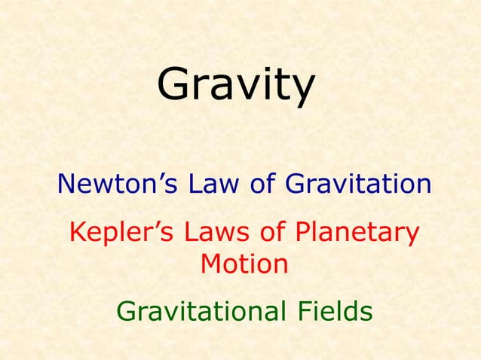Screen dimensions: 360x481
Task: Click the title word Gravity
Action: [235, 84]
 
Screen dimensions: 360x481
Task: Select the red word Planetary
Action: [351, 233]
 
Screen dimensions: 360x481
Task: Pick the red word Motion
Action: [244, 264]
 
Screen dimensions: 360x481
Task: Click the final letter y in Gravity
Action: [300, 90]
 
